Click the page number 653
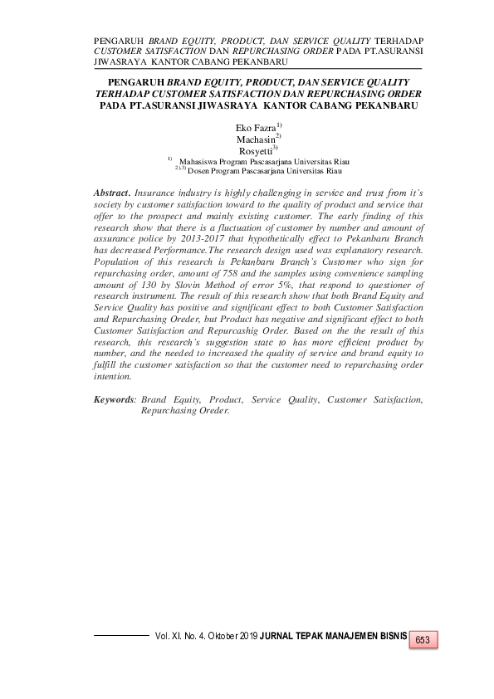pos(422,640)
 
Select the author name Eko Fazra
pos(255,128)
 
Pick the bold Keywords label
pos(115,399)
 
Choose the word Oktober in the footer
pos(213,636)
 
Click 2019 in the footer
pos(247,636)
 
